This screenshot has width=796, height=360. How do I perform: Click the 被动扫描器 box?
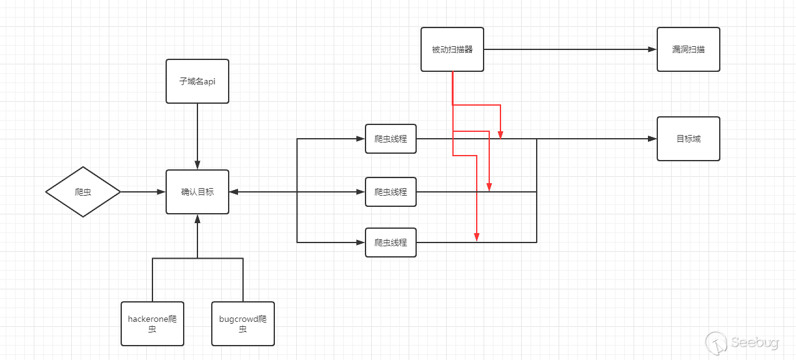(452, 49)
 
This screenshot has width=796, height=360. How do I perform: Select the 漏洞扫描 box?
(688, 49)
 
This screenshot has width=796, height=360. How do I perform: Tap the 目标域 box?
(688, 139)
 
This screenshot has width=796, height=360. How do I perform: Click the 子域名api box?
(197, 81)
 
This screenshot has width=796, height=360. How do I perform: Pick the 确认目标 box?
(197, 192)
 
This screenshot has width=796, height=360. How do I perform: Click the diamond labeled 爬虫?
(83, 192)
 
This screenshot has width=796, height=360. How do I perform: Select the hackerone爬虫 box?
(152, 323)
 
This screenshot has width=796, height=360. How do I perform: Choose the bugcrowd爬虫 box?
(243, 323)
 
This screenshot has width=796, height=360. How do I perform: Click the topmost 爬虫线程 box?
(391, 139)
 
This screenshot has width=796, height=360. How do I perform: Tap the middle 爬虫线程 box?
(391, 192)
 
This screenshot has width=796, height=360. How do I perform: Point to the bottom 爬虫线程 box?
(391, 242)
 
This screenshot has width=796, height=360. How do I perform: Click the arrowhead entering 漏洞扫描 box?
(652, 49)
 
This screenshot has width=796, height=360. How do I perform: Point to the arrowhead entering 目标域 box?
(652, 139)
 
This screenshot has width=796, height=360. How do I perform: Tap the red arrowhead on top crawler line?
(501, 134)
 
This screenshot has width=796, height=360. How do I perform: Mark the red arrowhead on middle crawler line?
(489, 187)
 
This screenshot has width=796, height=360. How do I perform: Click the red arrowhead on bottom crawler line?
(477, 237)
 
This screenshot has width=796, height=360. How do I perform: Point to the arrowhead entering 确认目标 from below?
(197, 219)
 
